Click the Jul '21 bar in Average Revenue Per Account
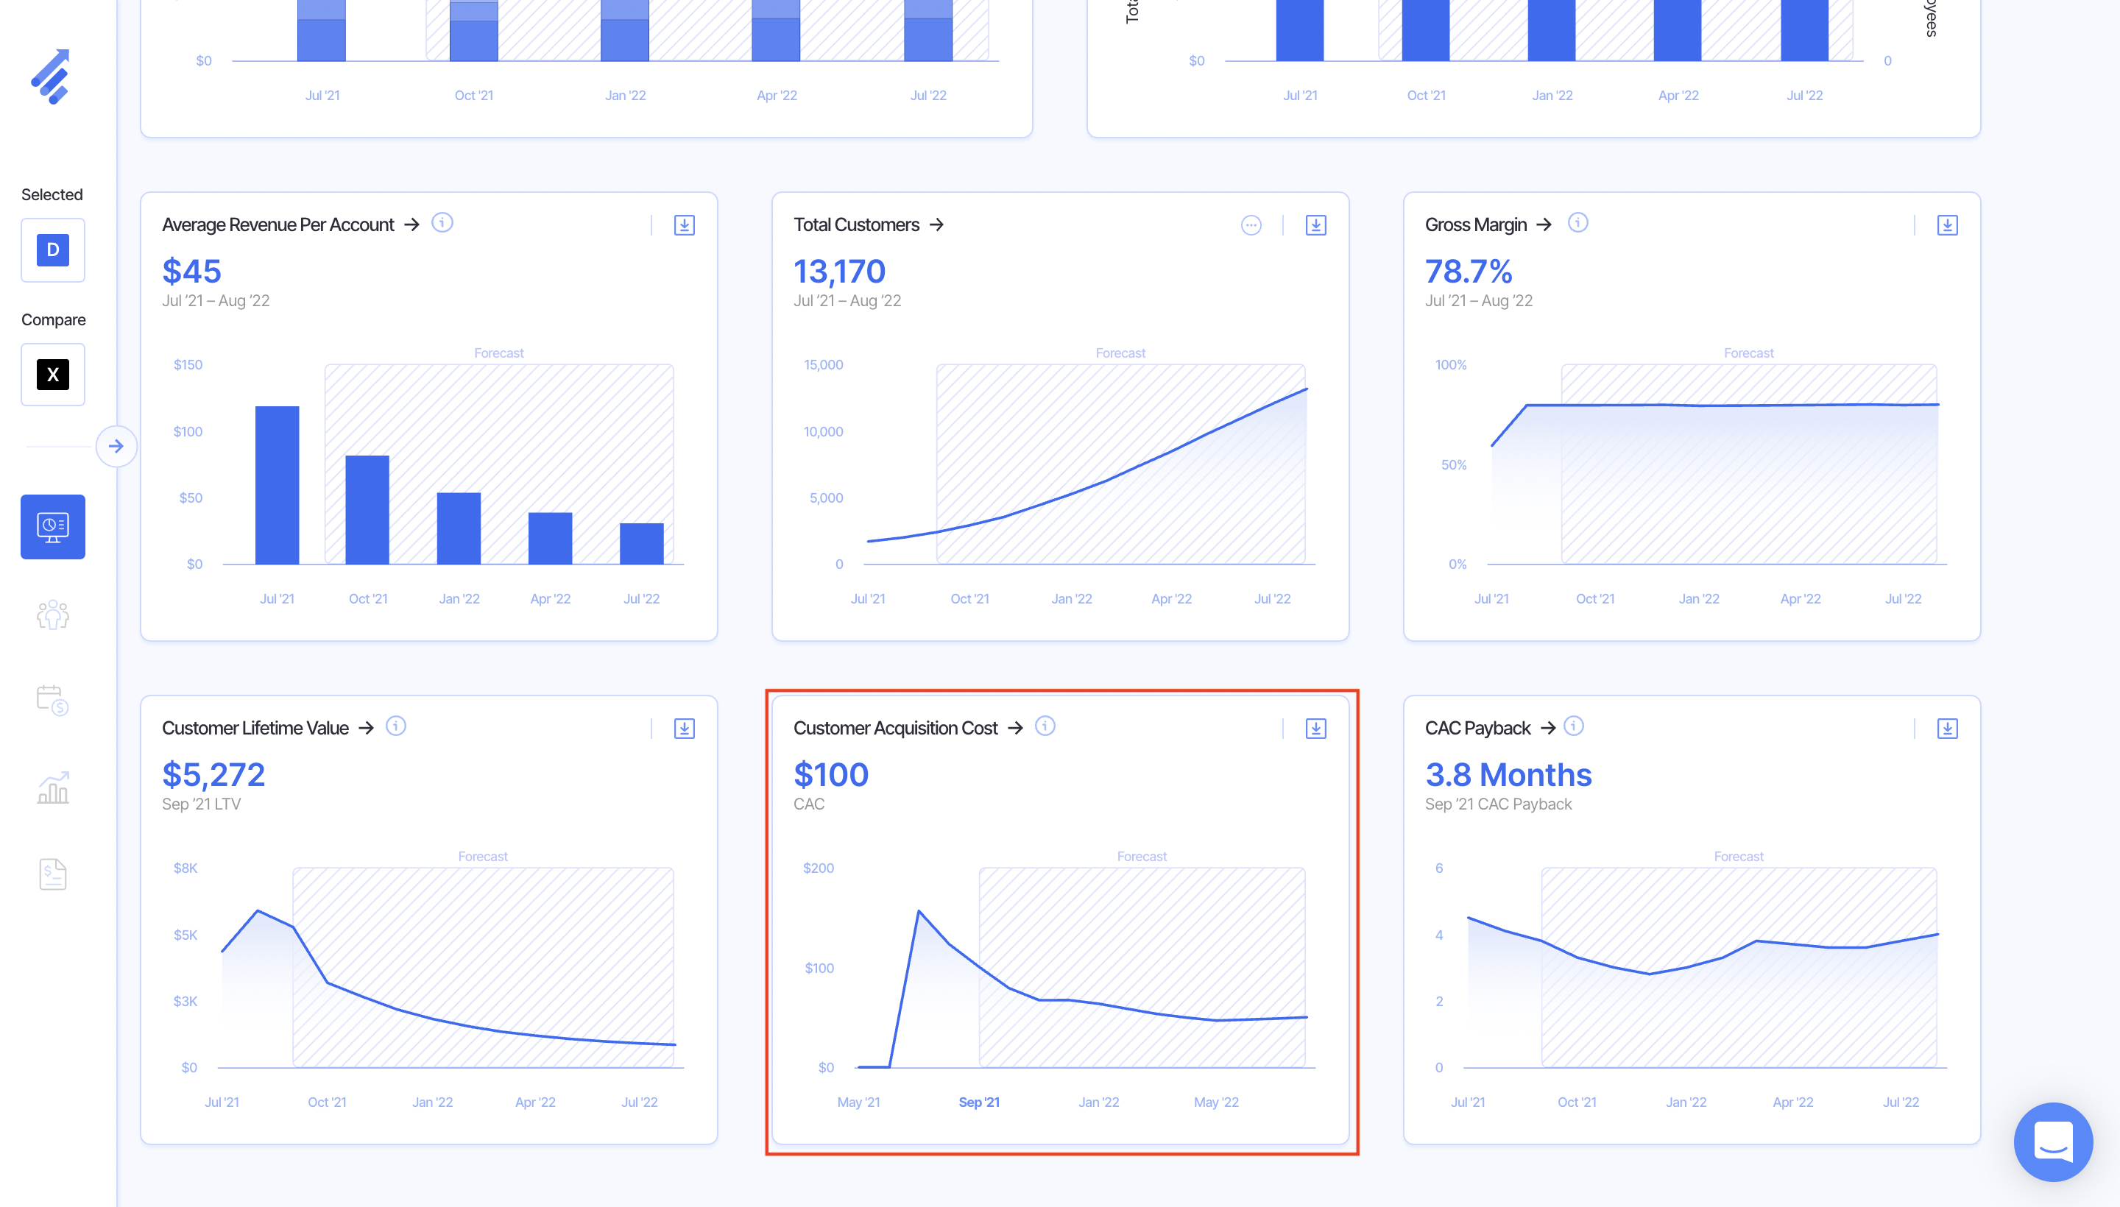(277, 485)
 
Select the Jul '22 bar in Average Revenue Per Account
(641, 543)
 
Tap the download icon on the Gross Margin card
(1947, 225)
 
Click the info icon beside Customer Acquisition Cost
(1045, 726)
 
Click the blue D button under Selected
(53, 249)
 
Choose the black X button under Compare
(53, 375)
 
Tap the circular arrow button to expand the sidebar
(116, 447)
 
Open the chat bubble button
(2053, 1141)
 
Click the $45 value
(191, 271)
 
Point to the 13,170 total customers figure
(839, 271)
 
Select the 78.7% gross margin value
(1469, 271)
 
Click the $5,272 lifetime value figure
(213, 774)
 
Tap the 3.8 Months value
(1508, 774)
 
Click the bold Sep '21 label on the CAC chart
(978, 1102)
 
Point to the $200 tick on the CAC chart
(819, 868)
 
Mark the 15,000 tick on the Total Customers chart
(822, 365)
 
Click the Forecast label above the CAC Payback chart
(1738, 857)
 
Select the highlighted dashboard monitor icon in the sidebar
(53, 526)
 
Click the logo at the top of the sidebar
(52, 77)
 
